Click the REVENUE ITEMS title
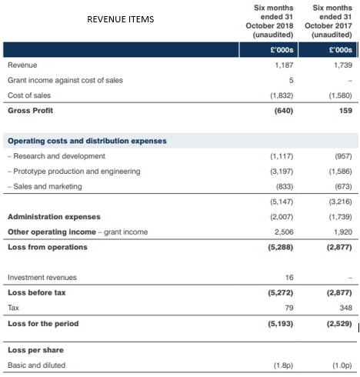[121, 19]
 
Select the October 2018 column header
[269, 22]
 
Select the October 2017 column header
[328, 22]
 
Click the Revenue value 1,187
[284, 65]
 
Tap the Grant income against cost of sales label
[65, 80]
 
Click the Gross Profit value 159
[345, 111]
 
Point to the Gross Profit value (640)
[284, 111]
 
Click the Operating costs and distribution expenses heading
[87, 141]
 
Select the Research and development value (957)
[343, 156]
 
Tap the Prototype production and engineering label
[74, 172]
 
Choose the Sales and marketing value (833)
[285, 186]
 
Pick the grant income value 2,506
[284, 232]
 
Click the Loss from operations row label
[48, 247]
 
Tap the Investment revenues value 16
[289, 278]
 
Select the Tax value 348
[345, 308]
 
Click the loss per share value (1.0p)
[342, 365]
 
